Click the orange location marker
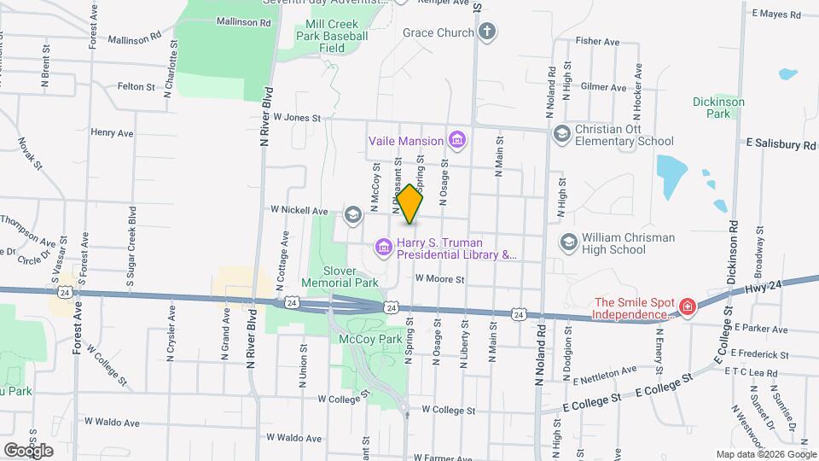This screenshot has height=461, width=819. point(409,204)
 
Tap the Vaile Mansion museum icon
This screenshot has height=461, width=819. point(456,140)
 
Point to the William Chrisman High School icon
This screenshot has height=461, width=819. point(566,243)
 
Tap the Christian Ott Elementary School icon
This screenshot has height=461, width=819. point(561,134)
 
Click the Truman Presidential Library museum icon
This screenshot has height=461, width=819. point(383,248)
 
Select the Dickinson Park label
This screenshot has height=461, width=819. point(718,107)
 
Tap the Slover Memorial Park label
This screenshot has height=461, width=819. point(340,275)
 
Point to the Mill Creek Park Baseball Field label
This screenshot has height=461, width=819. point(332,36)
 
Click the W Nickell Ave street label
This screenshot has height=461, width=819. point(299,210)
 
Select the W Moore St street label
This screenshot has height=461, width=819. point(439,278)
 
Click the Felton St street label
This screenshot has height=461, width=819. point(136,87)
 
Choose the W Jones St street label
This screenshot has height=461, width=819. point(296,118)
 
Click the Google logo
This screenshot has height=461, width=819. point(28,450)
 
